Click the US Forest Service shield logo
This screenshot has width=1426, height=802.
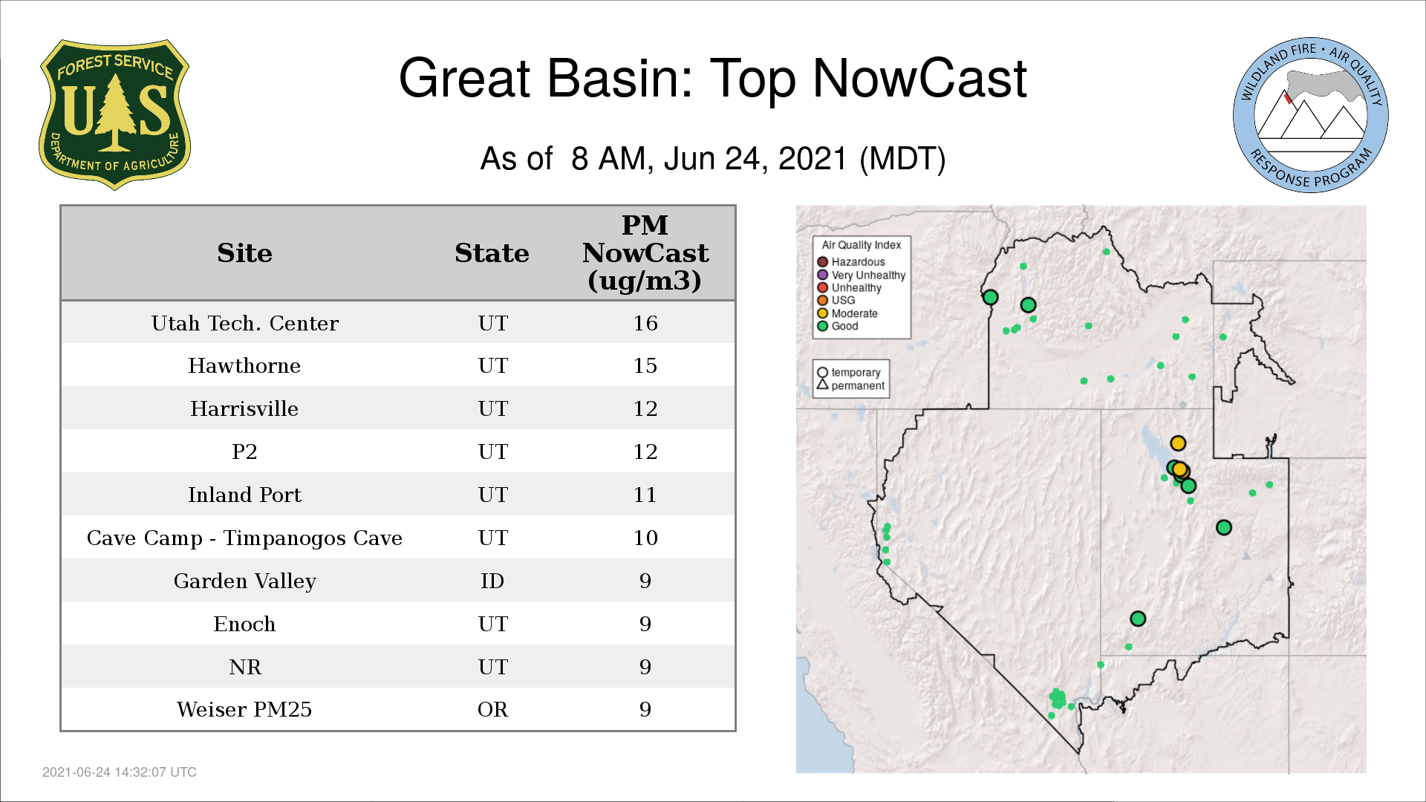coord(114,114)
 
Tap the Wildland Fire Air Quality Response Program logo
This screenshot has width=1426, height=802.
coord(1311,115)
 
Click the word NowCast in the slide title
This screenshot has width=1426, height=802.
coord(919,78)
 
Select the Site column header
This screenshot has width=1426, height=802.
coord(244,253)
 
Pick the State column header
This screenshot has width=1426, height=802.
coord(492,253)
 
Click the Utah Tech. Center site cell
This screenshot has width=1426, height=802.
coord(244,323)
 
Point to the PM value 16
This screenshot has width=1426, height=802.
coord(645,323)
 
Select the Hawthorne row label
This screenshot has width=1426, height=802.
coord(244,365)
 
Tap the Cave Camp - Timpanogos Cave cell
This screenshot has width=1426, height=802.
coord(244,538)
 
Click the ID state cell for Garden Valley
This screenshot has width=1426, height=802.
coord(492,581)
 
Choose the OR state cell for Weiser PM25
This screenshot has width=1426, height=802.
coord(492,709)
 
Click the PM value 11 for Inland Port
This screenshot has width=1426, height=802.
coord(645,495)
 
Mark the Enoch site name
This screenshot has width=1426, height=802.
coord(244,624)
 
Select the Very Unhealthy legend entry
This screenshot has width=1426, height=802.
coord(862,275)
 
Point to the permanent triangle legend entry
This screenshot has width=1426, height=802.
coord(851,385)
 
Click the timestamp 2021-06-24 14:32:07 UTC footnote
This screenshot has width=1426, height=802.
coord(120,772)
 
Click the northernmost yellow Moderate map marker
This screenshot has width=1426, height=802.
coord(1178,443)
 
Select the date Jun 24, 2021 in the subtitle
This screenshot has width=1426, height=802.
coord(755,159)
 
